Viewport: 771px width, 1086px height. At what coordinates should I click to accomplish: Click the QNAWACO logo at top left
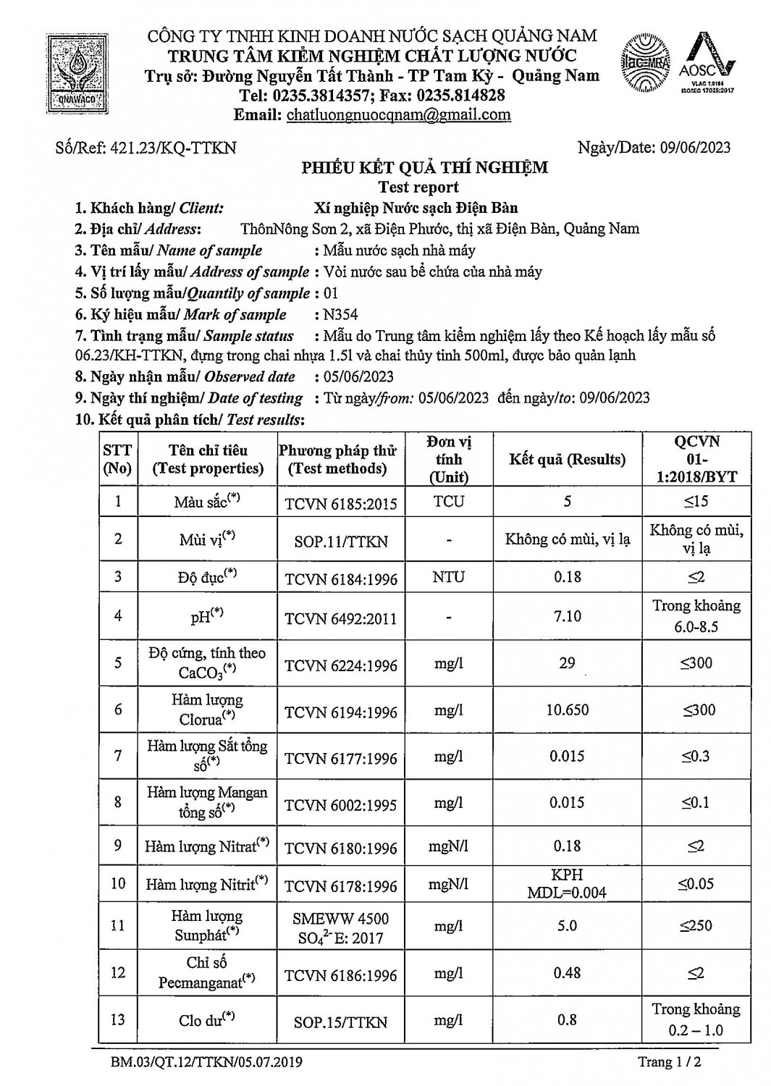75,74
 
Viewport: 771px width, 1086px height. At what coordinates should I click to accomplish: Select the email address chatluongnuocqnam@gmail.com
399,114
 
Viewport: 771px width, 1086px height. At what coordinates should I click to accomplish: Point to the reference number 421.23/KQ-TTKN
172,148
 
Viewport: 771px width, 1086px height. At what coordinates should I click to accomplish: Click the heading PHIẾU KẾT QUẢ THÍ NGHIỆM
424,168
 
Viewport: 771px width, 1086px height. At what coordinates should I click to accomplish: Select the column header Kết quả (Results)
567,459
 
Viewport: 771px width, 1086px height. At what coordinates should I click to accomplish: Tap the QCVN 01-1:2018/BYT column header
696,459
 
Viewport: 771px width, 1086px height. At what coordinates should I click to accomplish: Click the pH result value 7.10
567,615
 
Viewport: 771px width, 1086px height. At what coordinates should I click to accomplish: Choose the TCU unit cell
449,501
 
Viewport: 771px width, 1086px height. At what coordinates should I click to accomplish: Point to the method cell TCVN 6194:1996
341,712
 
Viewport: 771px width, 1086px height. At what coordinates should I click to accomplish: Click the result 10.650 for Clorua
567,710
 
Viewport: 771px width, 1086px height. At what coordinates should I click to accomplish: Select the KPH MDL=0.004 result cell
567,883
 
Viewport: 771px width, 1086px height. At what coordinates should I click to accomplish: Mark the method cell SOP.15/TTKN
341,1022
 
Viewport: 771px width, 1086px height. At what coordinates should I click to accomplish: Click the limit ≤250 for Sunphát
696,925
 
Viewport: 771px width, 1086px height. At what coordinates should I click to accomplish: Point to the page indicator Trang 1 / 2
670,1062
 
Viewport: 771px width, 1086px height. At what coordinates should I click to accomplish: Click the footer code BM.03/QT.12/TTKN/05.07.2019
206,1062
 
